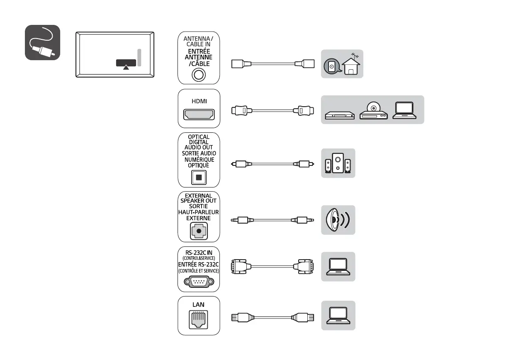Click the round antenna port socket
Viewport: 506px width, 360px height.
[199, 75]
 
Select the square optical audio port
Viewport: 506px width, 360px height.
[199, 178]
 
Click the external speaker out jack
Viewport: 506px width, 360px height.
[199, 231]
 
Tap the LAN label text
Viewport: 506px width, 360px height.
[199, 304]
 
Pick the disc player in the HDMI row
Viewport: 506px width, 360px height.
[373, 110]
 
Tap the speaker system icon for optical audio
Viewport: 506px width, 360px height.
[338, 163]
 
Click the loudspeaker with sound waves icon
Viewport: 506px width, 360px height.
[338, 220]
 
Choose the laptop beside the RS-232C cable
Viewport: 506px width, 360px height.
[338, 267]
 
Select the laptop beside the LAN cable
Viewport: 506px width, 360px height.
[338, 316]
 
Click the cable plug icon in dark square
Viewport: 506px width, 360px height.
[43, 43]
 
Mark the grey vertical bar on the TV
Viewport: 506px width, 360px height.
[140, 57]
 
